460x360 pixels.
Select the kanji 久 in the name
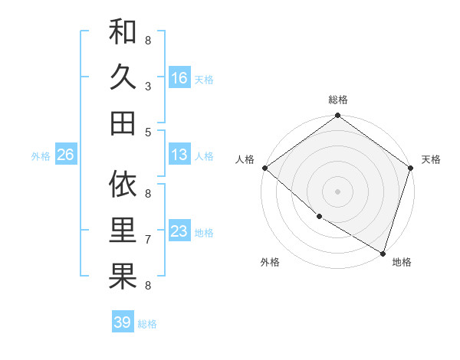(123, 77)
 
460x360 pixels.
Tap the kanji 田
(123, 123)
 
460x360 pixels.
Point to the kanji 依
(123, 185)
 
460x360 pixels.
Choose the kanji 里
(123, 231)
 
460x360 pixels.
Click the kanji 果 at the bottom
(123, 277)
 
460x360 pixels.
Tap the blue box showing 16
(179, 77)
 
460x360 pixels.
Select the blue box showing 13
(179, 155)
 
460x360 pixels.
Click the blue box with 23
(179, 231)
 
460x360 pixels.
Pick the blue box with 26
(65, 155)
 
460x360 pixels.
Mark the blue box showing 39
(122, 322)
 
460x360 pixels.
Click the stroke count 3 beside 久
(148, 87)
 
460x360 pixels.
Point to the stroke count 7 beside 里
(148, 240)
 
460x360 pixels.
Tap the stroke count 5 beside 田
(148, 132)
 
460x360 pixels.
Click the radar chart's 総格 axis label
(338, 100)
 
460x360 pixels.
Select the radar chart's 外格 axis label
(270, 262)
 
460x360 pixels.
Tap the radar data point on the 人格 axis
(264, 168)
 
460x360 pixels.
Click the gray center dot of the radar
(337, 191)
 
